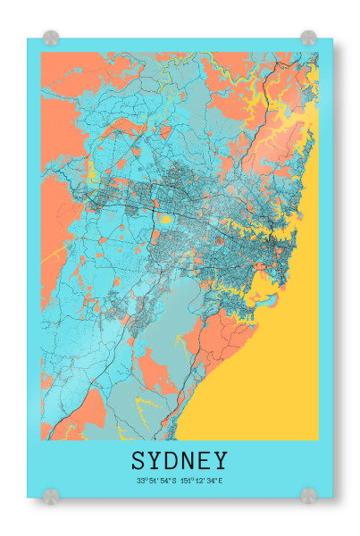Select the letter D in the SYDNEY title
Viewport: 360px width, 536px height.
(x=172, y=461)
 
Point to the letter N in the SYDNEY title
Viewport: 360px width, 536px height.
(x=188, y=461)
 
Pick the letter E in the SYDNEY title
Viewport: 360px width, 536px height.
(x=204, y=461)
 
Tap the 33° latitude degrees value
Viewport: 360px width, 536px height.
(x=141, y=481)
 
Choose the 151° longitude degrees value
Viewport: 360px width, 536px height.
(x=185, y=481)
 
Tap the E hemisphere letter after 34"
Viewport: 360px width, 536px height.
(x=219, y=481)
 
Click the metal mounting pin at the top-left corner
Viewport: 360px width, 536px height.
(x=51, y=38)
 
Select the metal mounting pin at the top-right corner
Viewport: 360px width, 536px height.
(x=308, y=38)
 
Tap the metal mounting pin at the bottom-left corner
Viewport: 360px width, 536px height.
(x=51, y=494)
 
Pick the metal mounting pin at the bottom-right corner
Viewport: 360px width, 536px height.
(x=308, y=494)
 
